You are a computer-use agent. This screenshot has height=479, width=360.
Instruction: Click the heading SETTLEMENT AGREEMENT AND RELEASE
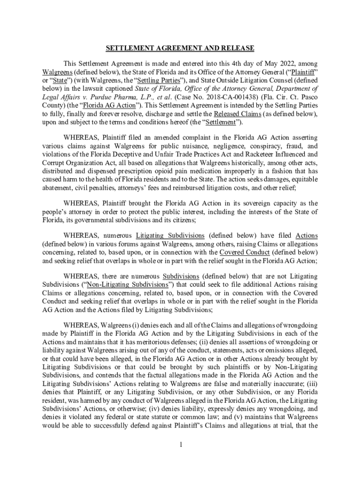[x=180, y=48]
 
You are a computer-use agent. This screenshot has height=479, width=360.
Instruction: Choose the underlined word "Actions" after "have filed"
[x=307, y=235]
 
